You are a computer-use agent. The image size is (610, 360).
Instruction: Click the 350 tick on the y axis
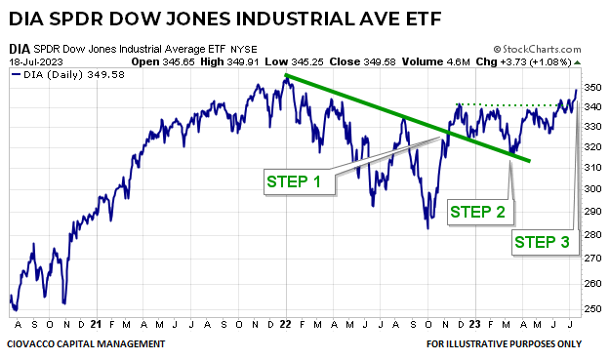pyautogui.click(x=590, y=88)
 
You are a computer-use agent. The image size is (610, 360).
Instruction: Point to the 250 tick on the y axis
pyautogui.click(x=590, y=308)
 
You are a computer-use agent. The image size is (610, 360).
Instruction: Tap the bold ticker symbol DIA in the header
pyautogui.click(x=19, y=48)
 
